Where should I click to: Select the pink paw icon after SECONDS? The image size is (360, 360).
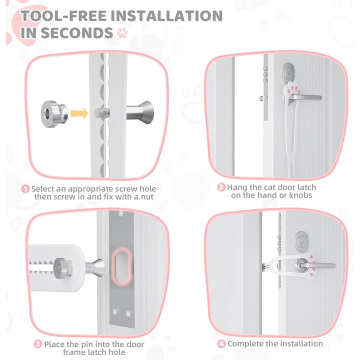click(x=122, y=33)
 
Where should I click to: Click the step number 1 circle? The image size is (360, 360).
click(x=25, y=189)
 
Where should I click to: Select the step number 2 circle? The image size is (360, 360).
click(x=221, y=187)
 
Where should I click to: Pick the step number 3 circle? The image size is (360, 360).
click(x=38, y=344)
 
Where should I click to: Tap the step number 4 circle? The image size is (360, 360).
click(x=221, y=343)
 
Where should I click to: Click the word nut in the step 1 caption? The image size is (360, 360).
click(x=146, y=196)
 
